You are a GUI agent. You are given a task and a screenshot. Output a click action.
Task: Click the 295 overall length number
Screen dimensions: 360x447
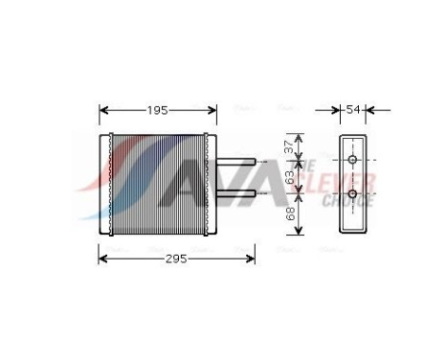coord(174,259)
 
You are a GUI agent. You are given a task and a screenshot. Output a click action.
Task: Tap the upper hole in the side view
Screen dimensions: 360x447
coord(353,160)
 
